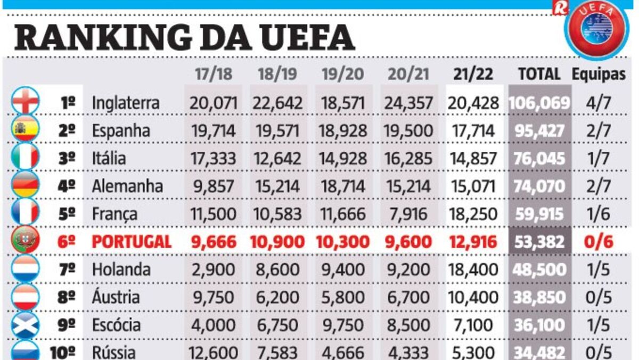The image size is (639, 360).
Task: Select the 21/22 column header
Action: tap(473, 75)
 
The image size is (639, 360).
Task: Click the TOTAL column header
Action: tap(539, 75)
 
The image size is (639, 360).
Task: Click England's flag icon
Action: tap(26, 101)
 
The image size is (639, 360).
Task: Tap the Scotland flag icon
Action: tap(26, 324)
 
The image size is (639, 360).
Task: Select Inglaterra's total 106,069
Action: tap(539, 103)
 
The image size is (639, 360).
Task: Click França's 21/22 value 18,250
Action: tap(473, 214)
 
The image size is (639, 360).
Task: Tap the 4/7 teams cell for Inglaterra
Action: tap(599, 103)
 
